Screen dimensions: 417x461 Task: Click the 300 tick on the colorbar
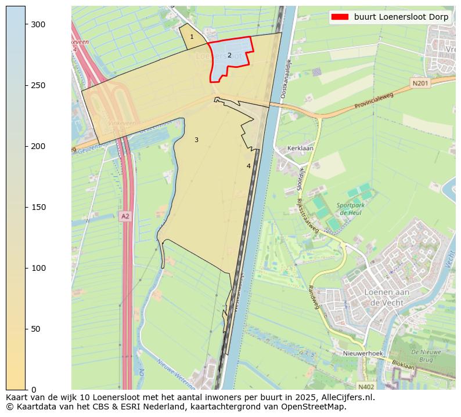point(26,24)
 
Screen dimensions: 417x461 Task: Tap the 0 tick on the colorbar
point(26,389)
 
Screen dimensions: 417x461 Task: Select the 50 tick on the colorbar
point(26,329)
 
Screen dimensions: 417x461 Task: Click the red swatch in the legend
point(340,17)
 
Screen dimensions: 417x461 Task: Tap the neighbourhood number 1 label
point(192,37)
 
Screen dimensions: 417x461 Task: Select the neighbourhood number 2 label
point(229,56)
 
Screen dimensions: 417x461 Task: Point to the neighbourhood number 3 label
point(196,140)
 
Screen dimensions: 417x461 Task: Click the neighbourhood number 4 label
point(248,166)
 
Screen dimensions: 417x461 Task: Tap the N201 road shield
point(420,84)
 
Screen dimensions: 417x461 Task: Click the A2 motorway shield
point(125,216)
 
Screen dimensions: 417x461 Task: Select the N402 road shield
point(366,387)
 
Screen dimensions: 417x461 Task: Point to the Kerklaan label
point(300,148)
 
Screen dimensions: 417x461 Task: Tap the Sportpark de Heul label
point(351,209)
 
